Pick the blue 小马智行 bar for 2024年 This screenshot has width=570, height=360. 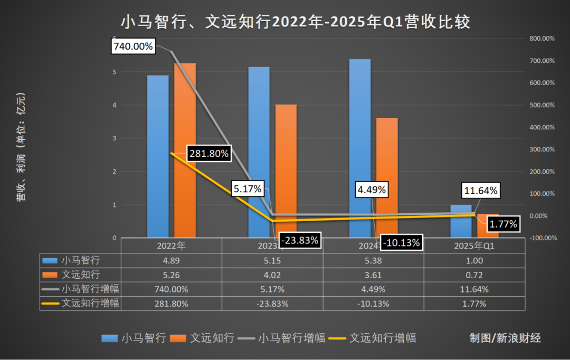360,148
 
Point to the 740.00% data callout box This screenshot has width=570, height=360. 133,46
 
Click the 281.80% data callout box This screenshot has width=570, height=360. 208,154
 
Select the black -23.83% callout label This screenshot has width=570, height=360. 299,240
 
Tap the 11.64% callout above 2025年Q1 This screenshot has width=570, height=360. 480,191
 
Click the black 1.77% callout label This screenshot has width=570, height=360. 503,224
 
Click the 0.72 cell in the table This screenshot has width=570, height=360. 474,275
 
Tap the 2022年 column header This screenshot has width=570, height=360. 171,246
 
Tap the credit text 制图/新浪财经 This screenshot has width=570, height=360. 505,338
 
